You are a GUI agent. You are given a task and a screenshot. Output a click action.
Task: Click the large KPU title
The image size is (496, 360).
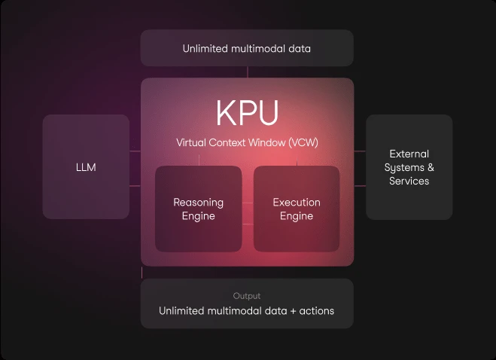pos(247,113)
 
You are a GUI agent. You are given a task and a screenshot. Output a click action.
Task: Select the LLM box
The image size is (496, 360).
pos(87,166)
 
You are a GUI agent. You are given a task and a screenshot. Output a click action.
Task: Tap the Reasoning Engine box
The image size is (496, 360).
pos(198,209)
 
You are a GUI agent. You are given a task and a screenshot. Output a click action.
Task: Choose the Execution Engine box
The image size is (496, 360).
pos(297,209)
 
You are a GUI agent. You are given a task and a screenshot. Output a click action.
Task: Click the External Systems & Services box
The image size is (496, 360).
pos(409,167)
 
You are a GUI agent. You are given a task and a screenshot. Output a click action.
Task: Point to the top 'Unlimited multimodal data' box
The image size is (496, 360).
pos(247,48)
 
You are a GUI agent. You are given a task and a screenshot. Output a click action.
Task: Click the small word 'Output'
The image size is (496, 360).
pos(247,296)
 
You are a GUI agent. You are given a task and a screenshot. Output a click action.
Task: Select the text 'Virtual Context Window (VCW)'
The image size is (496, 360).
pos(247,142)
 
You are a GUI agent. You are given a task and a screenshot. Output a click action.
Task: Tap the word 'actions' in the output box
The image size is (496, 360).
pos(317,310)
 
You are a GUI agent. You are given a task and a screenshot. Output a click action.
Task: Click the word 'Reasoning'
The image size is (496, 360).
pos(198,202)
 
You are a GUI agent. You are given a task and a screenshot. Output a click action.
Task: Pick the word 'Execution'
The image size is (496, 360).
pos(297,202)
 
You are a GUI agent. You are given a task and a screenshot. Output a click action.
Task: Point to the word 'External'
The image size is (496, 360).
pos(409,154)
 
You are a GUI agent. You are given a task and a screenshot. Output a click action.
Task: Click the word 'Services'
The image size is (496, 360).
pos(409,181)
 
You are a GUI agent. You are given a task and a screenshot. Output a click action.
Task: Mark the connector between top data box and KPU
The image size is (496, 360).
pos(247,72)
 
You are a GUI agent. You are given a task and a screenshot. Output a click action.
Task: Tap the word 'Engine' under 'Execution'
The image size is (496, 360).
pos(297,216)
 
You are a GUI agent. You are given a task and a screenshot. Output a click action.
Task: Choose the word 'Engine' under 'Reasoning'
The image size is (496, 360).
pos(198,216)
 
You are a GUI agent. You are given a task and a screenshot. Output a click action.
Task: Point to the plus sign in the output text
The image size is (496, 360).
pos(289,310)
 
